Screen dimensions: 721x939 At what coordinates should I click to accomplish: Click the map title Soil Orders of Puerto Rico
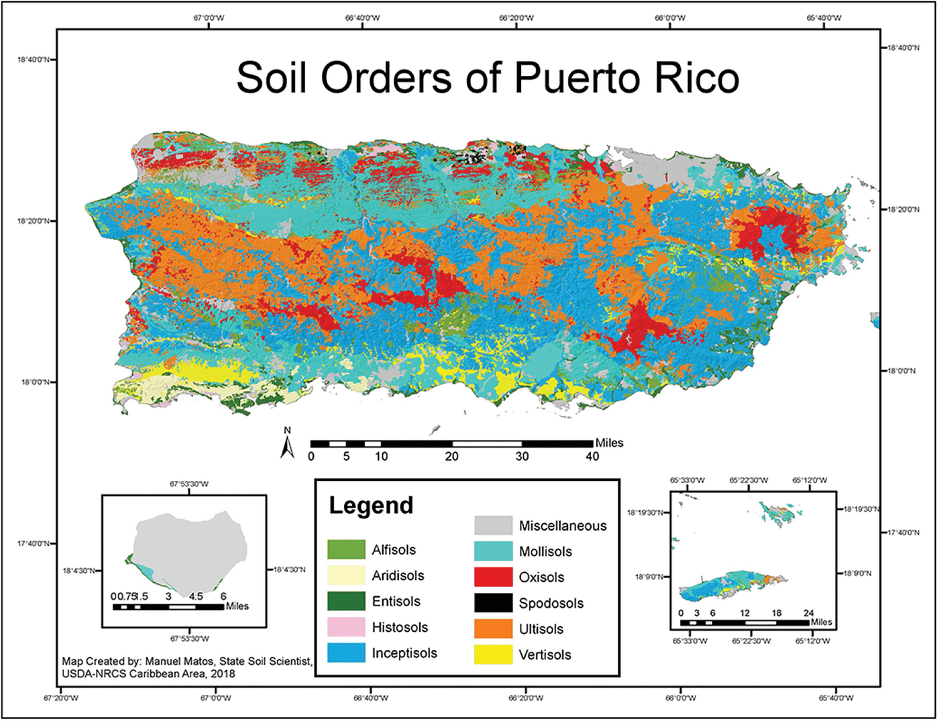[488, 78]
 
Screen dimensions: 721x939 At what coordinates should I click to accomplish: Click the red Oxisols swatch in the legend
[493, 577]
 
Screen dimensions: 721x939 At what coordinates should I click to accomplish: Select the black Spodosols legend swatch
[493, 603]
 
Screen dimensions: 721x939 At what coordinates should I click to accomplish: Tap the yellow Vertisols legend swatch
[493, 655]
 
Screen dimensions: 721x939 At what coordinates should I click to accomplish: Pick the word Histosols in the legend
[400, 628]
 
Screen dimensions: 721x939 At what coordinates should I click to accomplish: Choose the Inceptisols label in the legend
[404, 653]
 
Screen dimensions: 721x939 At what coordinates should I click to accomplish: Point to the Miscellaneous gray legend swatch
[493, 525]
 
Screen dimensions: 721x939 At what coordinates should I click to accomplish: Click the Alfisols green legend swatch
[346, 550]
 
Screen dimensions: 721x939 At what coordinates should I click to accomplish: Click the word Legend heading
[371, 506]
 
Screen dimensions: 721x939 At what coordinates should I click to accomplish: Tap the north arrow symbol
[288, 445]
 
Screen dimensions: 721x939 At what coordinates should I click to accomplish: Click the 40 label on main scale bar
[592, 457]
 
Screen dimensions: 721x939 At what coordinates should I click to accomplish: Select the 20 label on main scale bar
[452, 457]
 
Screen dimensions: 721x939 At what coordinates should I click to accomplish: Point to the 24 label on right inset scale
[809, 613]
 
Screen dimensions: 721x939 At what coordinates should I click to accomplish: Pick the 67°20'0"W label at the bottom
[61, 698]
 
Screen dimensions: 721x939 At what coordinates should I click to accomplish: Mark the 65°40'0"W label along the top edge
[824, 18]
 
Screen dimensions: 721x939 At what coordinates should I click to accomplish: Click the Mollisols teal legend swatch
[493, 551]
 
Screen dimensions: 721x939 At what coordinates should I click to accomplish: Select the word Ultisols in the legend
[541, 629]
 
